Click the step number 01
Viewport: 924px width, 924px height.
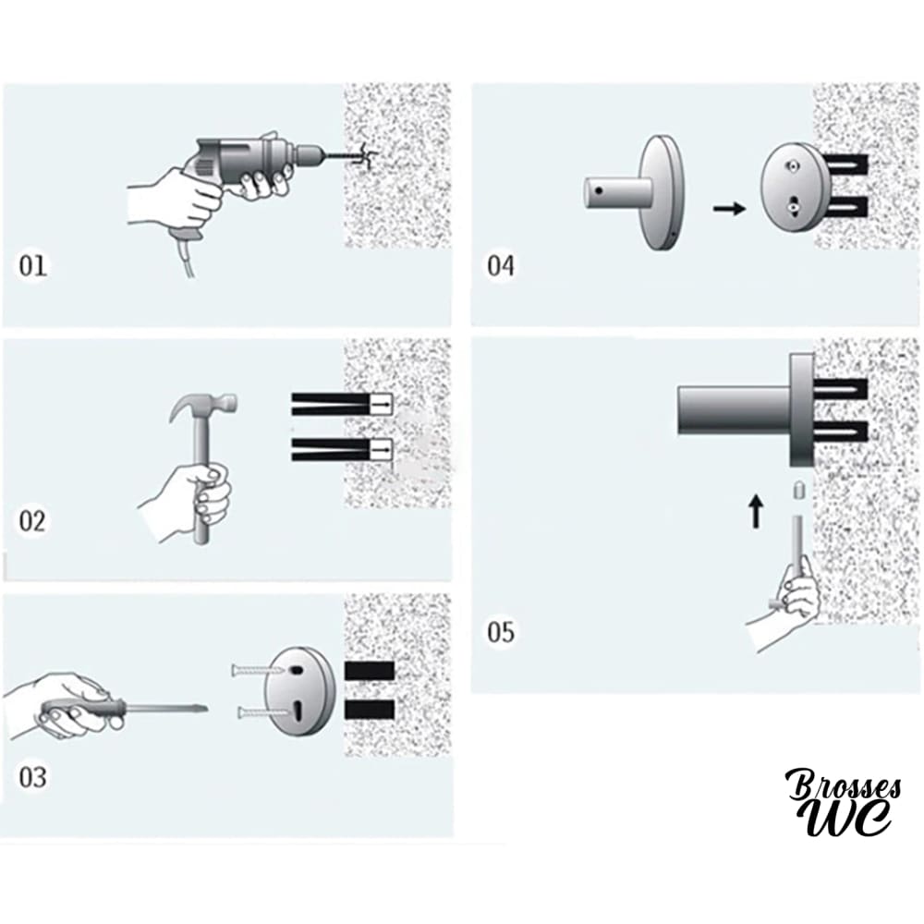[32, 266]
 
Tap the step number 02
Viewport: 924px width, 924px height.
[32, 521]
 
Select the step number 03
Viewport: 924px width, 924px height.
[32, 777]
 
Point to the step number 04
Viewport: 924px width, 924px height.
[501, 266]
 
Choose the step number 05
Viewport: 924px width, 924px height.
[501, 632]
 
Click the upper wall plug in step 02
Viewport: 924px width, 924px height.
[342, 405]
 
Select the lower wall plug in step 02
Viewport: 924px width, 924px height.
[342, 450]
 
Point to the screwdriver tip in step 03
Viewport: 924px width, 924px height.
[202, 709]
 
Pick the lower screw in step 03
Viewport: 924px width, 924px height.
[263, 713]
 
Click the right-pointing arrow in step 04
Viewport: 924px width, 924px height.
[730, 209]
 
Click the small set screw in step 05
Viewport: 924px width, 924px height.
[797, 490]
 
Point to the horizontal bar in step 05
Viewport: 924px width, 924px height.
[734, 411]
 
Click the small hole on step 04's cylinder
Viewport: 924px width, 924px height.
[599, 191]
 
